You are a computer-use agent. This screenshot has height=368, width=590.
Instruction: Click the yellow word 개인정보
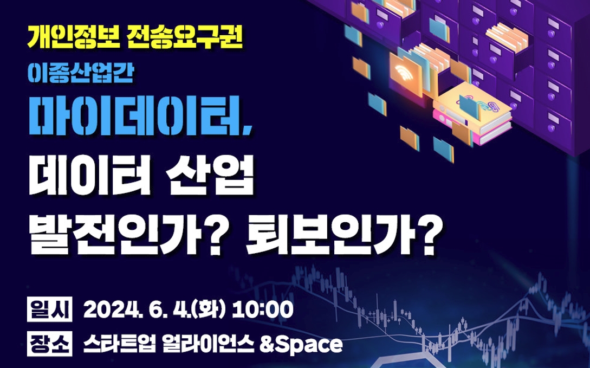73,37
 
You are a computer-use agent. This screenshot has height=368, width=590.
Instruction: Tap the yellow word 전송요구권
185,37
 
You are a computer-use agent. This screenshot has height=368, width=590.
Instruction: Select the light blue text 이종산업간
81,73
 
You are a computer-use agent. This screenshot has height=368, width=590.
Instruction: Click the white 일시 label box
49,309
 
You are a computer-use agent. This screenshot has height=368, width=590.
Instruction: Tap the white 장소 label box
49,344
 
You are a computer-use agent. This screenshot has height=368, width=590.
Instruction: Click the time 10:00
263,310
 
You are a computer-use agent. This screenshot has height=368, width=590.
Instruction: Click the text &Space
301,344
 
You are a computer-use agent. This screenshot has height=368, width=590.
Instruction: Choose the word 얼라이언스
208,344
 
